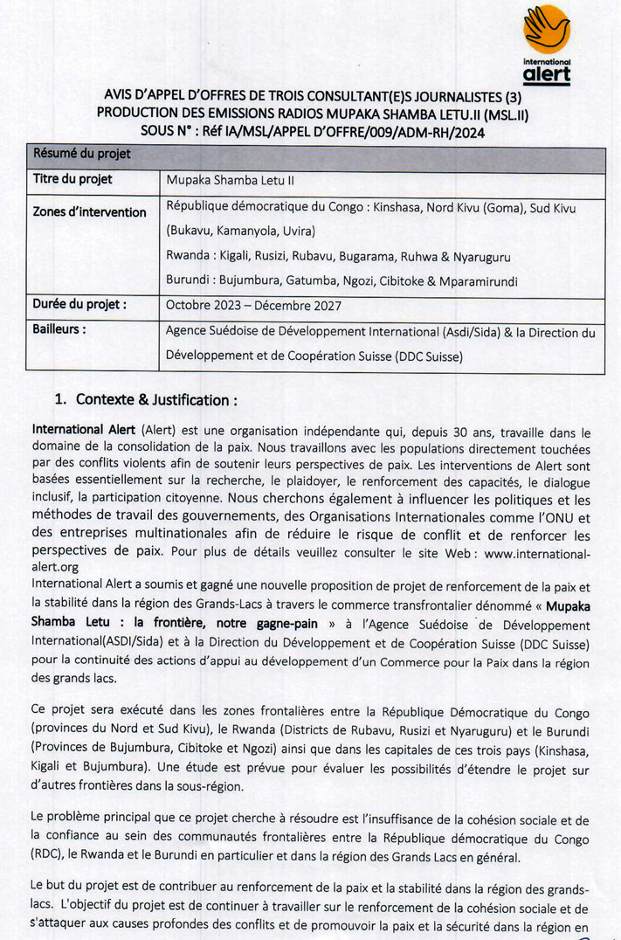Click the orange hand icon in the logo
[546, 30]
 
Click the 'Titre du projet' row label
[72, 180]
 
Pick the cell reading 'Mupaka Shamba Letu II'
[224, 182]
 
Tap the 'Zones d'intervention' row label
[89, 212]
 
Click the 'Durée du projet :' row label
[80, 306]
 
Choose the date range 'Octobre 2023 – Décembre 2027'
[253, 307]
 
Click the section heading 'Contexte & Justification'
[156, 400]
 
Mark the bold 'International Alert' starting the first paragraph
[83, 431]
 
